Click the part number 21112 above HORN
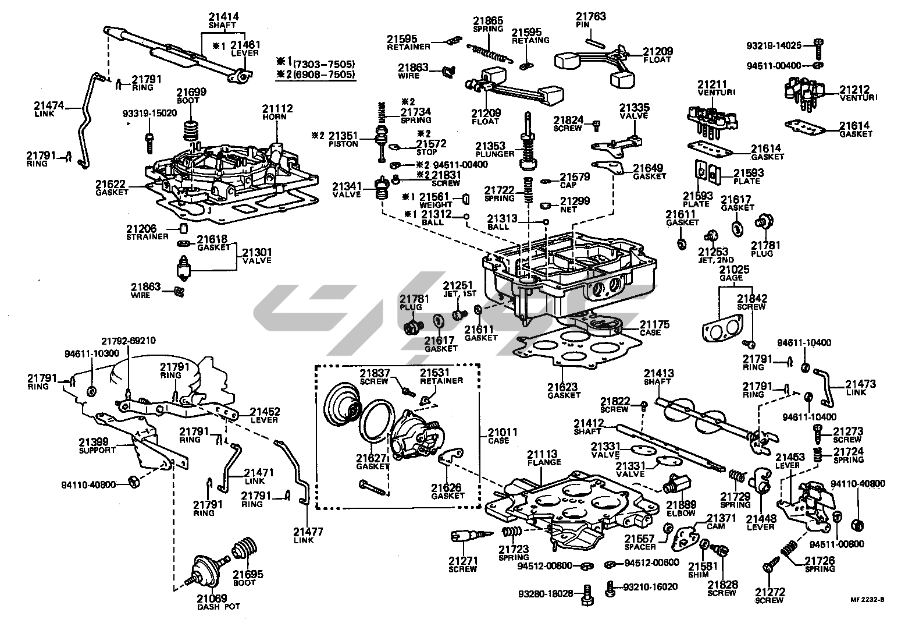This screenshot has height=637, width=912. pos(277,108)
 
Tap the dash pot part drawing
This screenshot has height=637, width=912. pos(203,568)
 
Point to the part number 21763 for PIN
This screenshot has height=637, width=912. pos(591,16)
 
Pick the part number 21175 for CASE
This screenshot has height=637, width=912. pos(654,324)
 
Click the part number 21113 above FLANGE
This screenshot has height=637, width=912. pos(543,454)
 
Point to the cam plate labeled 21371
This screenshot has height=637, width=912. pos(685,535)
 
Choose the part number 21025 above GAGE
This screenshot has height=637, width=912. pos(734,270)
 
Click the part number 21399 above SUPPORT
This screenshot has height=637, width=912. pos(95,443)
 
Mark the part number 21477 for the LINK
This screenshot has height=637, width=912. pos(308,532)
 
